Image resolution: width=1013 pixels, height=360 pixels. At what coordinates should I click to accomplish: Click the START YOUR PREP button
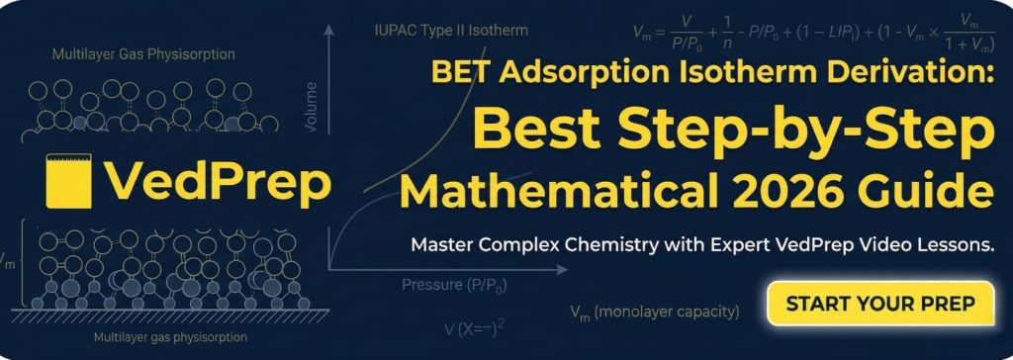tap(879, 303)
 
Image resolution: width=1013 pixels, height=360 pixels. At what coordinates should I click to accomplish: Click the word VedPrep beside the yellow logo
tap(218, 180)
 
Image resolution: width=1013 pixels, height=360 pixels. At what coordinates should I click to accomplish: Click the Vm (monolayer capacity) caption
tap(654, 313)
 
